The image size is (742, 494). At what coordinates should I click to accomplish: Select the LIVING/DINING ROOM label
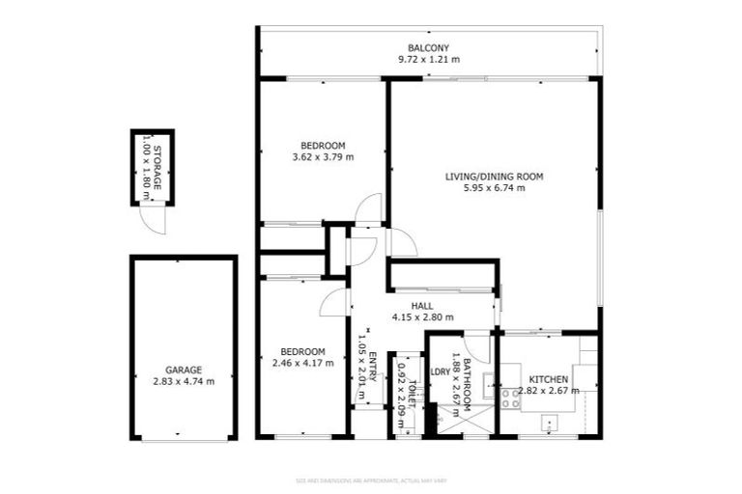pyautogui.click(x=495, y=177)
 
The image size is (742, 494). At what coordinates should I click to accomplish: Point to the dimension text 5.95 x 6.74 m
pyautogui.click(x=495, y=188)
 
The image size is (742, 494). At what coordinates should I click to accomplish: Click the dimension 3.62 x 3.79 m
pyautogui.click(x=323, y=156)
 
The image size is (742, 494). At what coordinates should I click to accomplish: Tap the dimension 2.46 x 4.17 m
pyautogui.click(x=302, y=363)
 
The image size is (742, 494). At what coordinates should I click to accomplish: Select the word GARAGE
pyautogui.click(x=183, y=370)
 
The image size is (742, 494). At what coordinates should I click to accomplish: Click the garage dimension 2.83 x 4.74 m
pyautogui.click(x=183, y=381)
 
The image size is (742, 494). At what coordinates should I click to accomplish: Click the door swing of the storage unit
pyautogui.click(x=152, y=220)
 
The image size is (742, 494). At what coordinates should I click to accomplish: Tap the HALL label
pyautogui.click(x=421, y=305)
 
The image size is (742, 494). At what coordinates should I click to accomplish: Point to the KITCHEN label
pyautogui.click(x=549, y=379)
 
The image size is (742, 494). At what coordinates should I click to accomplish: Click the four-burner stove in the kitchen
pyautogui.click(x=510, y=398)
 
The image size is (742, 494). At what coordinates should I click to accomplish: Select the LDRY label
pyautogui.click(x=441, y=370)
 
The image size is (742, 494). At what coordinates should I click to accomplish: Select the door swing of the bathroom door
pyautogui.click(x=477, y=344)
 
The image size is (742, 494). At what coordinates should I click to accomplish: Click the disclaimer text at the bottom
pyautogui.click(x=370, y=480)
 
